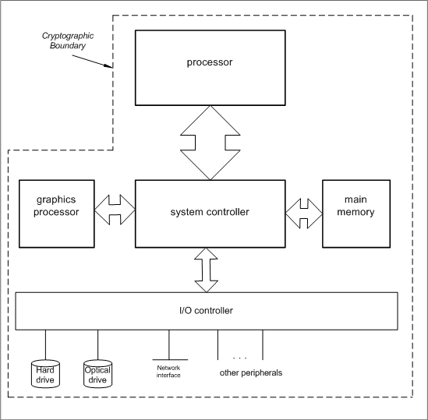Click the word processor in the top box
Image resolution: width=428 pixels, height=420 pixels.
210,62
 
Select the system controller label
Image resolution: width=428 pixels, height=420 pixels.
210,212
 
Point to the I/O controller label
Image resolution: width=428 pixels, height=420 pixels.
206,311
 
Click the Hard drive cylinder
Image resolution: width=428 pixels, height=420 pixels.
45,374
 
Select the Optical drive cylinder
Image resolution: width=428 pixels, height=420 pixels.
97,374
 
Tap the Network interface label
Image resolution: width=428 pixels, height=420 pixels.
168,372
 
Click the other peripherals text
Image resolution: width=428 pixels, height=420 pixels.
251,372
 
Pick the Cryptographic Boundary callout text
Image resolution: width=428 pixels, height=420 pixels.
68,41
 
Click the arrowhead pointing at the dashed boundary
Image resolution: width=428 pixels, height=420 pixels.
110,65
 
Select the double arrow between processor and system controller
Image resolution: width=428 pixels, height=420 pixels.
210,143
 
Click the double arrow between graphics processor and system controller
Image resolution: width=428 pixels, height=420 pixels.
115,210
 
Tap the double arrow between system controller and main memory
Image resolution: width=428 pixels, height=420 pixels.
304,214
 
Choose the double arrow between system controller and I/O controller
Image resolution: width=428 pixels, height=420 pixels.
206,270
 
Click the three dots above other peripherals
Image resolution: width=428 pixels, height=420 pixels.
240,358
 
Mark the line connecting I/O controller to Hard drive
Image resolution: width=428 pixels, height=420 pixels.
45,345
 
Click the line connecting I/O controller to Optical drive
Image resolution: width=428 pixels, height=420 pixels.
97,345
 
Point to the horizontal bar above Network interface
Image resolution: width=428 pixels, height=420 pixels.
170,360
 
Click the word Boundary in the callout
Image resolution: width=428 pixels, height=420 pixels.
68,45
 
